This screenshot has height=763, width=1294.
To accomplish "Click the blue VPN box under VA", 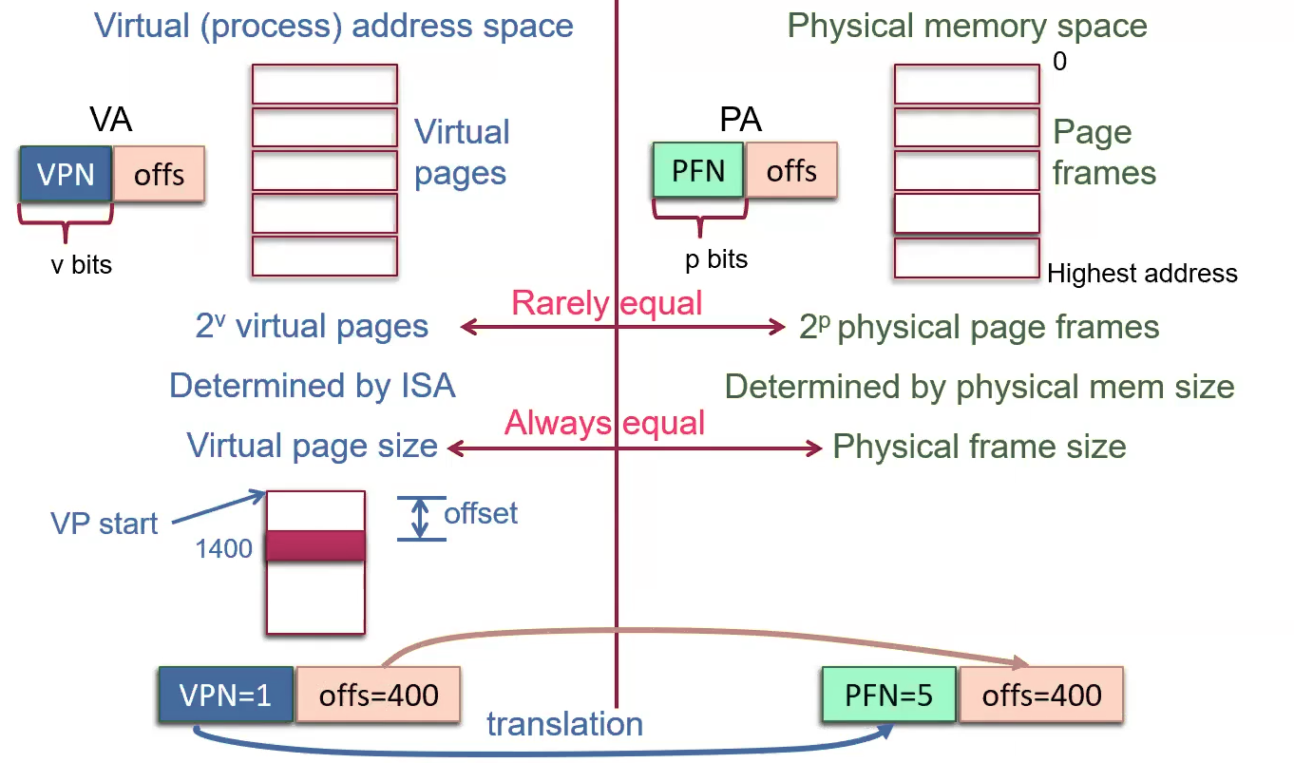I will click(65, 174).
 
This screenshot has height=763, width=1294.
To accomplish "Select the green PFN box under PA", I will click(698, 171).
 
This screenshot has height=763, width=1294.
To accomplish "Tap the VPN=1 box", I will click(226, 695).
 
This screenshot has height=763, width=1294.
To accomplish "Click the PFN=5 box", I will click(888, 695).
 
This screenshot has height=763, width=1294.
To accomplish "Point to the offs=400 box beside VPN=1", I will click(379, 695).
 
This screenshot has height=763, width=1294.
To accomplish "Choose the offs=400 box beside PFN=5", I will click(1042, 695).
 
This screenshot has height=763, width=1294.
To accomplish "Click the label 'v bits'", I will click(81, 264).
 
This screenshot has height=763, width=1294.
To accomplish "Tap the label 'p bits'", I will click(716, 258).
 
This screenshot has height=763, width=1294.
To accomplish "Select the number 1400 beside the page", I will click(224, 548).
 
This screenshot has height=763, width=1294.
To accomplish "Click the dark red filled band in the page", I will click(316, 545).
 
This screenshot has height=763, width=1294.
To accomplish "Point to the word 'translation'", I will click(564, 724).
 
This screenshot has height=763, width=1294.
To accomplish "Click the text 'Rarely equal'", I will click(606, 303).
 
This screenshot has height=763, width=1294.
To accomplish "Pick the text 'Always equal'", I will click(604, 423).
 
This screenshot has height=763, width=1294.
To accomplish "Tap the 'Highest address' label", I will click(1142, 275).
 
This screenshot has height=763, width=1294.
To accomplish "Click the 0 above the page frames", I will click(1060, 63).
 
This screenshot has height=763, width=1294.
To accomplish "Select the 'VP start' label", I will click(105, 524).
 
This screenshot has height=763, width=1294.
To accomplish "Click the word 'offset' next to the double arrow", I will click(481, 514).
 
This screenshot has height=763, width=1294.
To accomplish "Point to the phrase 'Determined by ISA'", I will click(312, 386).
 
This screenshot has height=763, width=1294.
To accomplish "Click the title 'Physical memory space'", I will click(967, 26).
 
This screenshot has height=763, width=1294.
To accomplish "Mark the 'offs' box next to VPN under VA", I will click(159, 175).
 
